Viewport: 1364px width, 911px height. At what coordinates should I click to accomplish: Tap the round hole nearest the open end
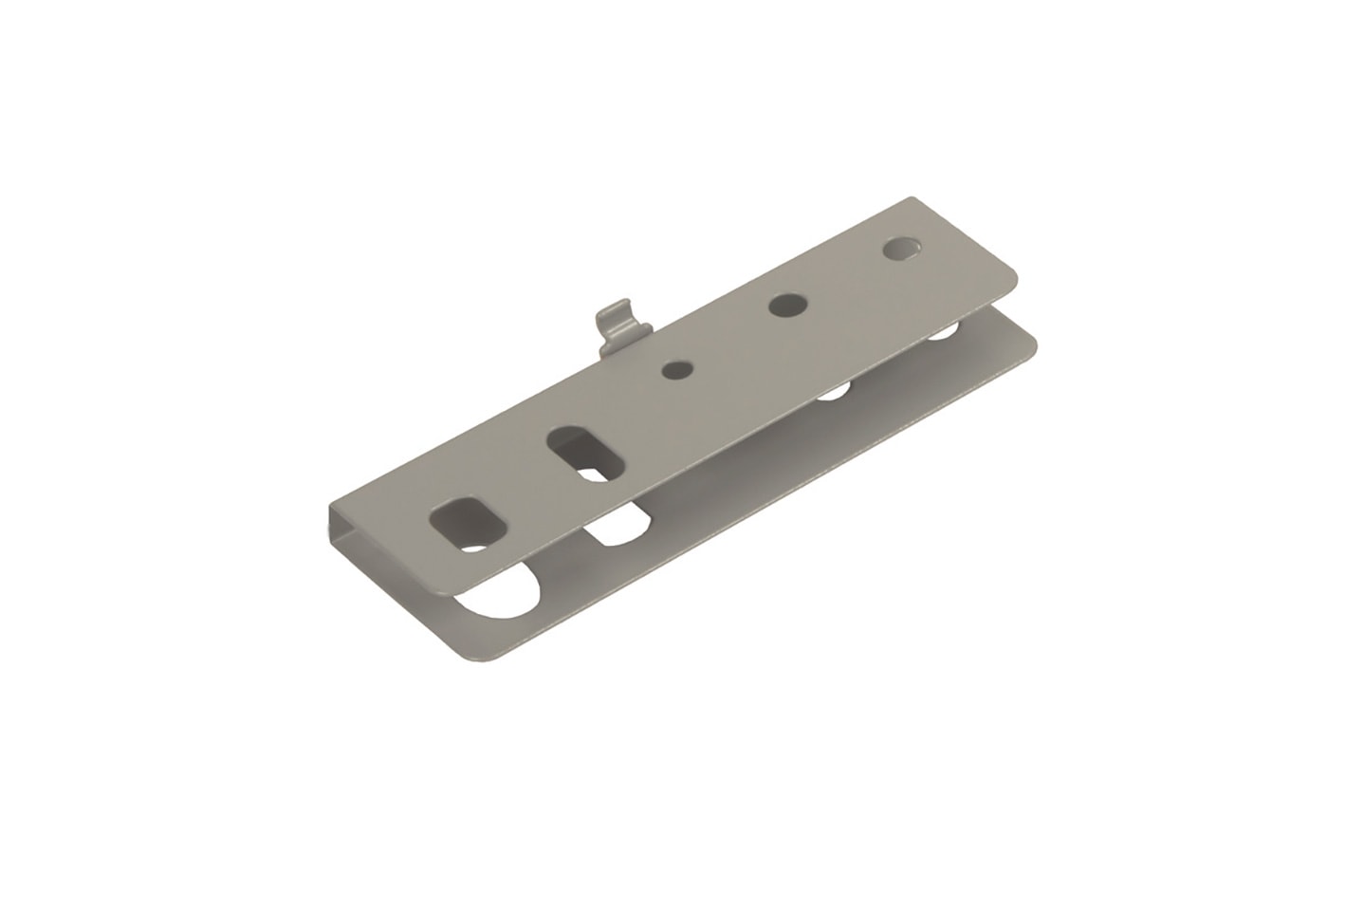[901, 250]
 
